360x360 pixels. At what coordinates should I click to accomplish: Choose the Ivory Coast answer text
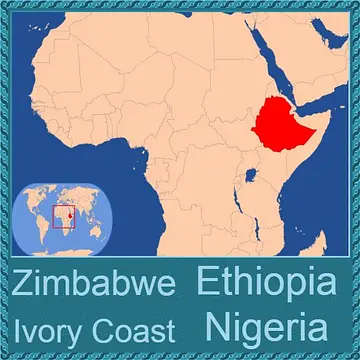coord(94,330)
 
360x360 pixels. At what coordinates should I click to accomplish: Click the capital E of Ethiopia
coord(207,282)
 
